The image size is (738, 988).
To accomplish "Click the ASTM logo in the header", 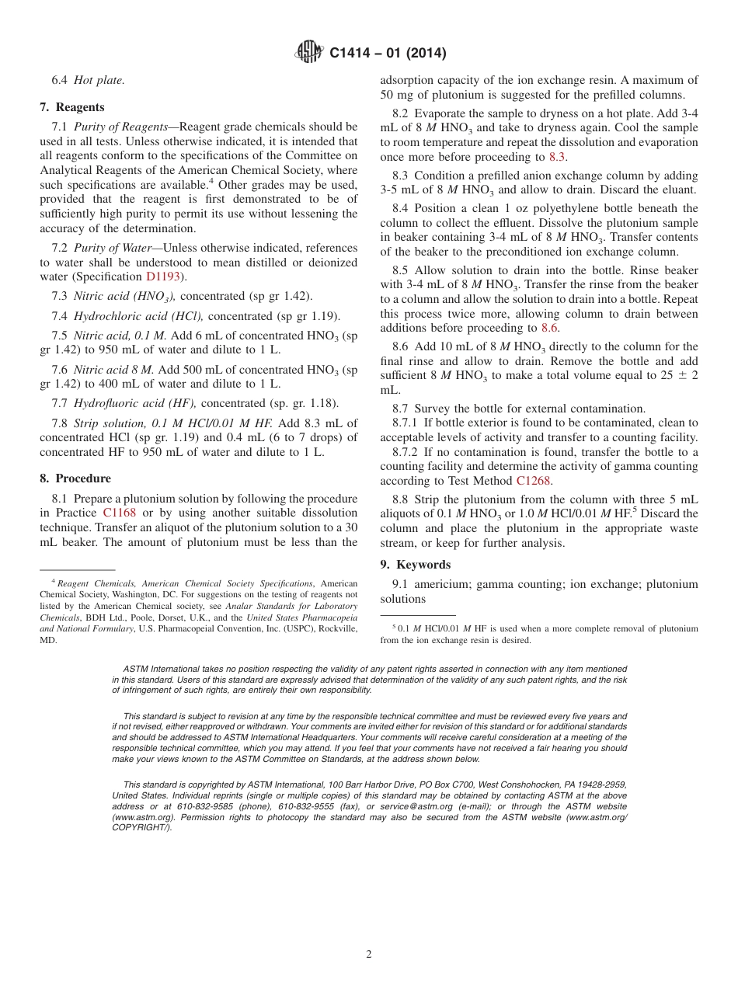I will click(x=309, y=52).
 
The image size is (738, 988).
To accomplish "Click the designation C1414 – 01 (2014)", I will click(x=388, y=54).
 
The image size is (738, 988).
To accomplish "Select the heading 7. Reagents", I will click(x=72, y=107).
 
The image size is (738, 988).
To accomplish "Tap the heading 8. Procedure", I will click(x=75, y=478).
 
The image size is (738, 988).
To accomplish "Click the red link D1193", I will click(x=165, y=277).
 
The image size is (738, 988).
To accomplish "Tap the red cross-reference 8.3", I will click(x=557, y=157).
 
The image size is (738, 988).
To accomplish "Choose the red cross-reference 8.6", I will click(x=549, y=328).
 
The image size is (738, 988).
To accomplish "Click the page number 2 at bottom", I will click(x=369, y=955).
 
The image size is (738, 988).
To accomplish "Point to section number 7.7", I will click(x=60, y=403).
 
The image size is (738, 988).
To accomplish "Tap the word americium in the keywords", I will click(x=442, y=584).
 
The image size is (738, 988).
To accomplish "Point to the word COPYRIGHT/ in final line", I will click(x=142, y=827).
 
